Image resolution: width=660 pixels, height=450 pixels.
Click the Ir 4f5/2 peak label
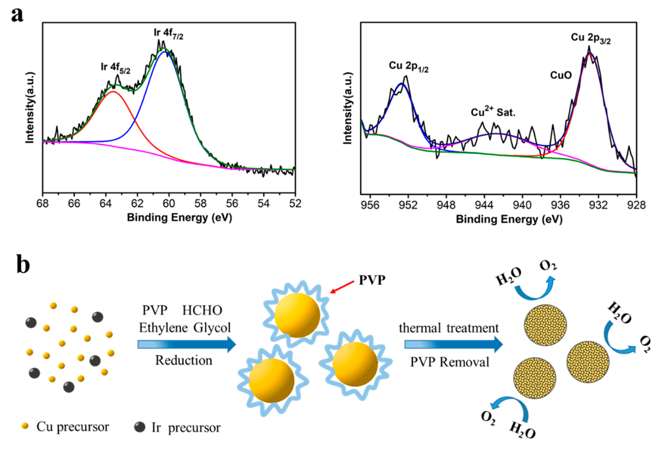pyautogui.click(x=115, y=68)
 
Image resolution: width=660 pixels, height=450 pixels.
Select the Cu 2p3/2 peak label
pyautogui.click(x=590, y=39)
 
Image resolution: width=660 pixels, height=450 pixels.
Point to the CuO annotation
pyautogui.click(x=561, y=75)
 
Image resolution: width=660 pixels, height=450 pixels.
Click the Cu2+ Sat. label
pyautogui.click(x=493, y=112)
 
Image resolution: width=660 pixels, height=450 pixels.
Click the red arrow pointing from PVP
pyautogui.click(x=342, y=287)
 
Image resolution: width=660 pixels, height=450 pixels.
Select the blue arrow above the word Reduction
pyautogui.click(x=187, y=345)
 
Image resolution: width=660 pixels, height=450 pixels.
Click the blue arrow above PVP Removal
pyautogui.click(x=454, y=345)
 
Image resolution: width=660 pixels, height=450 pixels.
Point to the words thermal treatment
pyautogui.click(x=449, y=328)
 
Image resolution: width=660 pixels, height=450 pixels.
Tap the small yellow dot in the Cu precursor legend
pyautogui.click(x=25, y=426)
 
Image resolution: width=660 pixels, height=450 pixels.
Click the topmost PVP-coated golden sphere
pyautogui.click(x=297, y=315)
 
